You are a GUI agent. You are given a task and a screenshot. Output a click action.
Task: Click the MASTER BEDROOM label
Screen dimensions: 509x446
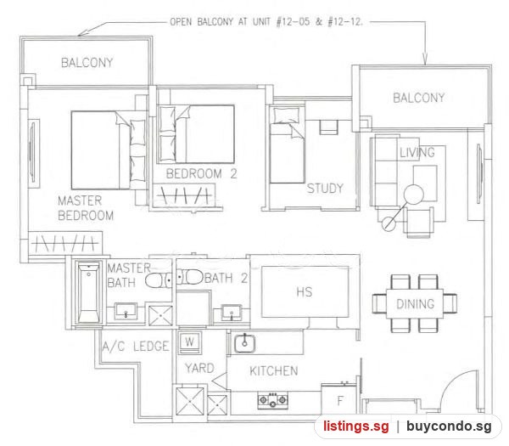pyautogui.click(x=86, y=208)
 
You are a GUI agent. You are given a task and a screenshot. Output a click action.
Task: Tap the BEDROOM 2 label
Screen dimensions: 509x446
pyautogui.click(x=201, y=174)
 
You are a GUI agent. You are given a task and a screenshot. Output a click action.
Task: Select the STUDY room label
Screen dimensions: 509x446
pyautogui.click(x=325, y=189)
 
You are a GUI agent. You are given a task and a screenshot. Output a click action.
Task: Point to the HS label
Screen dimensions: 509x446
pyautogui.click(x=305, y=292)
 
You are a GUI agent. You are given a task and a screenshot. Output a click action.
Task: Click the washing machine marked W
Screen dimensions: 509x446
pyautogui.click(x=189, y=342)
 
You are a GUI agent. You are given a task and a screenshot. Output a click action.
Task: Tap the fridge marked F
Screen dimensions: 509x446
pyautogui.click(x=339, y=399)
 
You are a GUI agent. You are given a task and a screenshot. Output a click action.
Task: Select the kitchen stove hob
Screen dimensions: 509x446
pyautogui.click(x=272, y=400)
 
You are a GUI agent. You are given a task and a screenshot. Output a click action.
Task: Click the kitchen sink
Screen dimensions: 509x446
pyautogui.click(x=244, y=343)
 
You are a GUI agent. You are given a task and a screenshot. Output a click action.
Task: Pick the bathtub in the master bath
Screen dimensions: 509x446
pyautogui.click(x=88, y=292)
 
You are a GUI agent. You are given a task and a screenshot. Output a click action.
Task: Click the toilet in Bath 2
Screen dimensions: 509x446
pyautogui.click(x=191, y=277)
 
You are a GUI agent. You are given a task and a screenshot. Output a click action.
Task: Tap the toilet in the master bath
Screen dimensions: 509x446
pyautogui.click(x=158, y=280)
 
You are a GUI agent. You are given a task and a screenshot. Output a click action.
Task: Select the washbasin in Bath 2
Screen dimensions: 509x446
pyautogui.click(x=232, y=313)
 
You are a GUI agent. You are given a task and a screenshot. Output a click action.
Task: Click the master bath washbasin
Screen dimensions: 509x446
pyautogui.click(x=126, y=311)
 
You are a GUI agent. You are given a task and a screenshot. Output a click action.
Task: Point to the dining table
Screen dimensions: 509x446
pyautogui.click(x=415, y=303)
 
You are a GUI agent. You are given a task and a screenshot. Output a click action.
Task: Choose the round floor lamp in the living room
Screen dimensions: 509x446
pyautogui.click(x=414, y=194)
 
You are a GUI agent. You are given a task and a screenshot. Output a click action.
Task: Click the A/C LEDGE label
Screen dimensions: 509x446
pyautogui.click(x=136, y=347)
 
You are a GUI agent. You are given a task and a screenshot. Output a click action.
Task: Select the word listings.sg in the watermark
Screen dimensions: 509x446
pyautogui.click(x=355, y=426)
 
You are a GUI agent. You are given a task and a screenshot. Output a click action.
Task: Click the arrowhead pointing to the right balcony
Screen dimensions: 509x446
pyautogui.click(x=425, y=59)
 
